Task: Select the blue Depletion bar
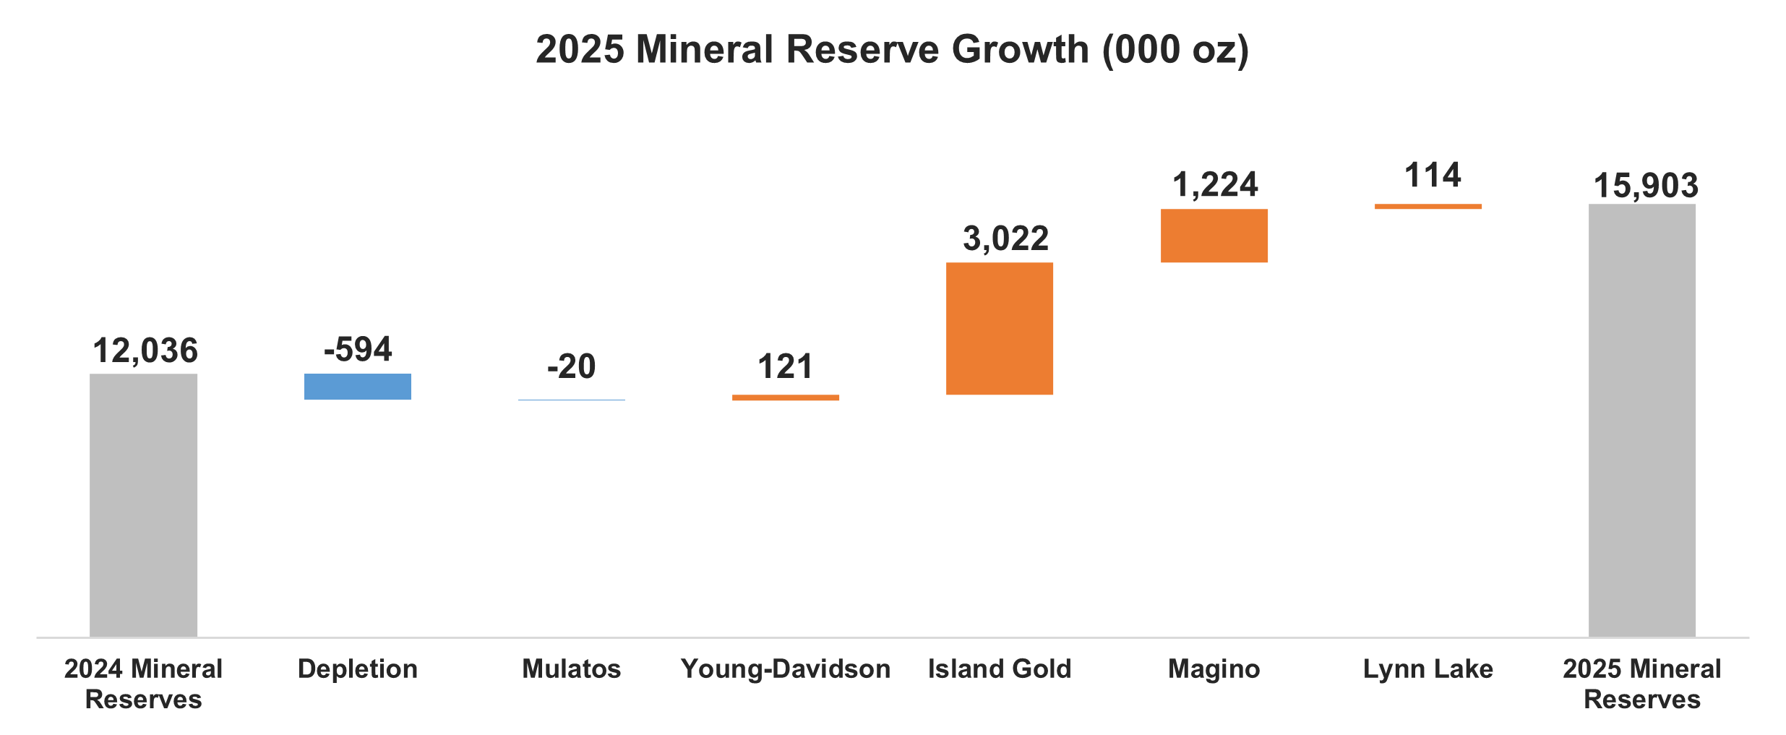[357, 387]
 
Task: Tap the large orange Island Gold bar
[999, 328]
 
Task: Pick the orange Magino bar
[1214, 236]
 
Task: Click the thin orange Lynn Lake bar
[1427, 207]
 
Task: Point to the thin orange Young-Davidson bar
[785, 397]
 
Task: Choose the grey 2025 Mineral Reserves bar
[1641, 420]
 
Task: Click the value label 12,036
[145, 351]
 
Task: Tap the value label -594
[357, 349]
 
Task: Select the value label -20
[571, 366]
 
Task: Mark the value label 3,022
[1005, 238]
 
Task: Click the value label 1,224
[1214, 184]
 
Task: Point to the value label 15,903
[1645, 186]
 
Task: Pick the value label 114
[1432, 176]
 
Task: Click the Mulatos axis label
[571, 669]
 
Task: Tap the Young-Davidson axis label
[785, 669]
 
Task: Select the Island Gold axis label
[999, 669]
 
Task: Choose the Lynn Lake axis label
[1427, 669]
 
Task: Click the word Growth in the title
[1020, 49]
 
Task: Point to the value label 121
[785, 366]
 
